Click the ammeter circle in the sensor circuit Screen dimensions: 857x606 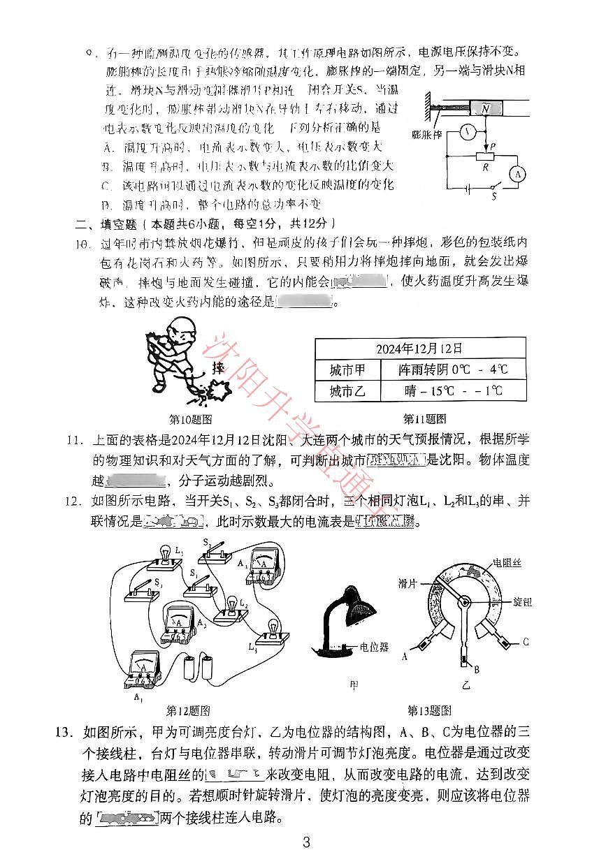coord(517,175)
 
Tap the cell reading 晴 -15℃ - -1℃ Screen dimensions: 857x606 coord(453,390)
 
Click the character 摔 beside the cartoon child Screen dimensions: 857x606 coord(219,367)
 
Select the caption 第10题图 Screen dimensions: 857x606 coord(191,420)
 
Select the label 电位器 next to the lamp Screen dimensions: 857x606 coord(374,647)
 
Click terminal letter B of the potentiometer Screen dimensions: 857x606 coord(477,670)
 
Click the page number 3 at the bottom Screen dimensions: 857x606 coord(305,842)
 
